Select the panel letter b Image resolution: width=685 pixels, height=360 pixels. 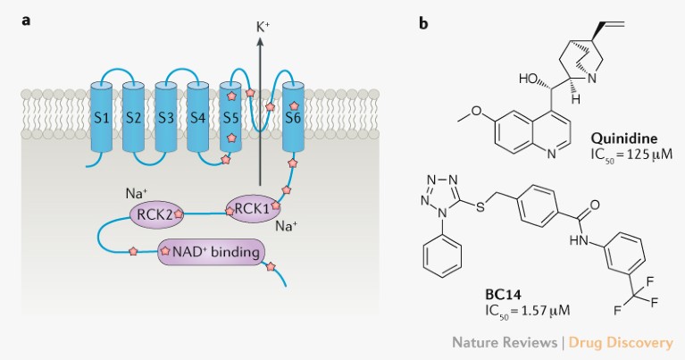(424, 21)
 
